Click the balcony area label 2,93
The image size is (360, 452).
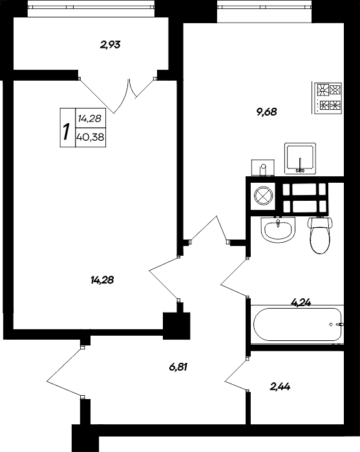coord(111,45)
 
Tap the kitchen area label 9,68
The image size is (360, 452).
coord(266,111)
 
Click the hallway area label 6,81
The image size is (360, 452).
coord(182,367)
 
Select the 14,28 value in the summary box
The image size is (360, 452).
coord(88,119)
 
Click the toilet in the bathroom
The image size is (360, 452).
coord(319,236)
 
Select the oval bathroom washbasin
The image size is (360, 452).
coord(279,229)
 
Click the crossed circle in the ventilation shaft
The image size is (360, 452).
coord(262,195)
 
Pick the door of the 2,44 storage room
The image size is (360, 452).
coord(237,373)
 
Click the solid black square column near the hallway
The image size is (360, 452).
coord(177,324)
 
